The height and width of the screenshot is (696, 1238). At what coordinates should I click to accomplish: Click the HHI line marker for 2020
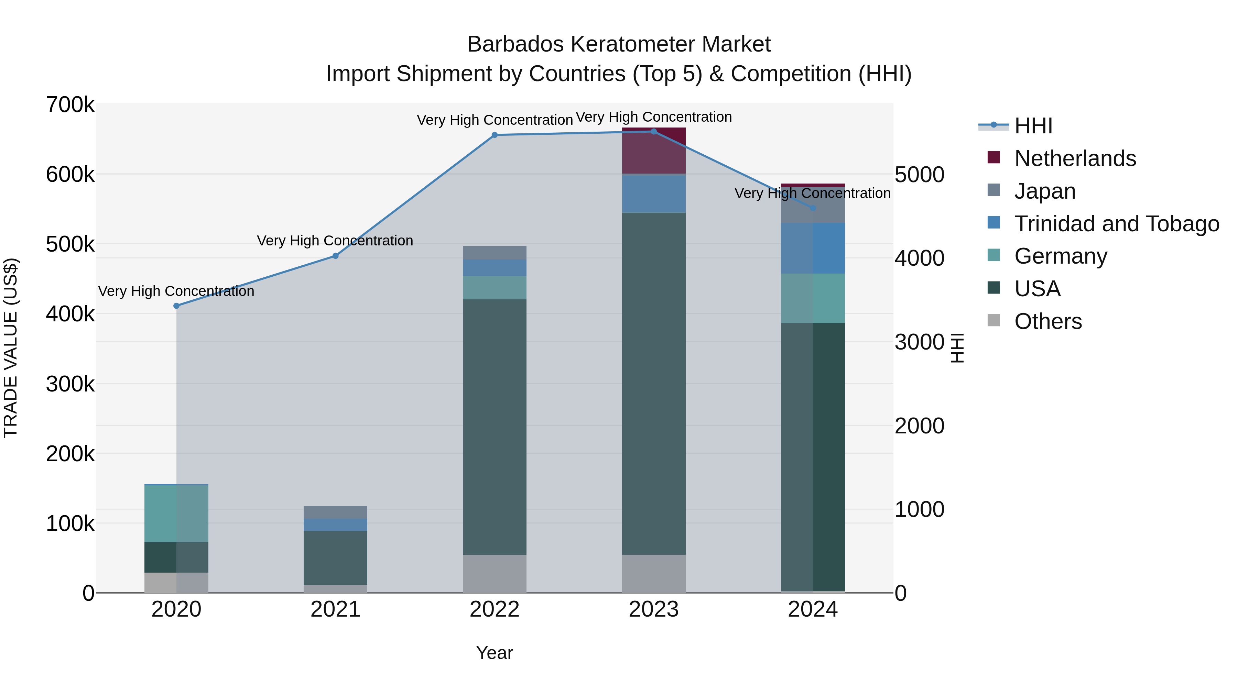pos(176,306)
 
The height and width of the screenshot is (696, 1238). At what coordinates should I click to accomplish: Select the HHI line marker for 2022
pos(495,135)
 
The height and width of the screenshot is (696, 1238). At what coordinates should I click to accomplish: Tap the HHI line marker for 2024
pos(813,208)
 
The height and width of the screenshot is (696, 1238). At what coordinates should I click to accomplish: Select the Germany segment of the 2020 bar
pos(176,513)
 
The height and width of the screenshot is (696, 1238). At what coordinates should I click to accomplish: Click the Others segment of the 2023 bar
pos(654,574)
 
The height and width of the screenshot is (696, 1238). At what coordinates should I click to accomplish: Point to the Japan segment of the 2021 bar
pos(335,512)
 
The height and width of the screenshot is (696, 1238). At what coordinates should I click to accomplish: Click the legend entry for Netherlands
pos(1075,158)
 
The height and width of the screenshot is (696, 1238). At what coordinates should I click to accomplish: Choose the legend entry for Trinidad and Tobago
pos(1116,224)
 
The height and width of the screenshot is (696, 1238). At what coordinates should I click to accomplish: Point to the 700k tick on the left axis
pos(70,105)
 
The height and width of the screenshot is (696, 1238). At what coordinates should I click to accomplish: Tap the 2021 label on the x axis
pos(335,609)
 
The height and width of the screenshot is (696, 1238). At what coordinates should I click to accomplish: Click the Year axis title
pos(495,653)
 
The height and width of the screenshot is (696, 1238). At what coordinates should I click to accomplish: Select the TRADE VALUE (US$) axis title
pos(11,348)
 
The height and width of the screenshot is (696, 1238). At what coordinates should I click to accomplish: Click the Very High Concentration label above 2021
pos(335,240)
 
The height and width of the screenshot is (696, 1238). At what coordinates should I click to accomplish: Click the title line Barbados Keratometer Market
pos(619,44)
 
